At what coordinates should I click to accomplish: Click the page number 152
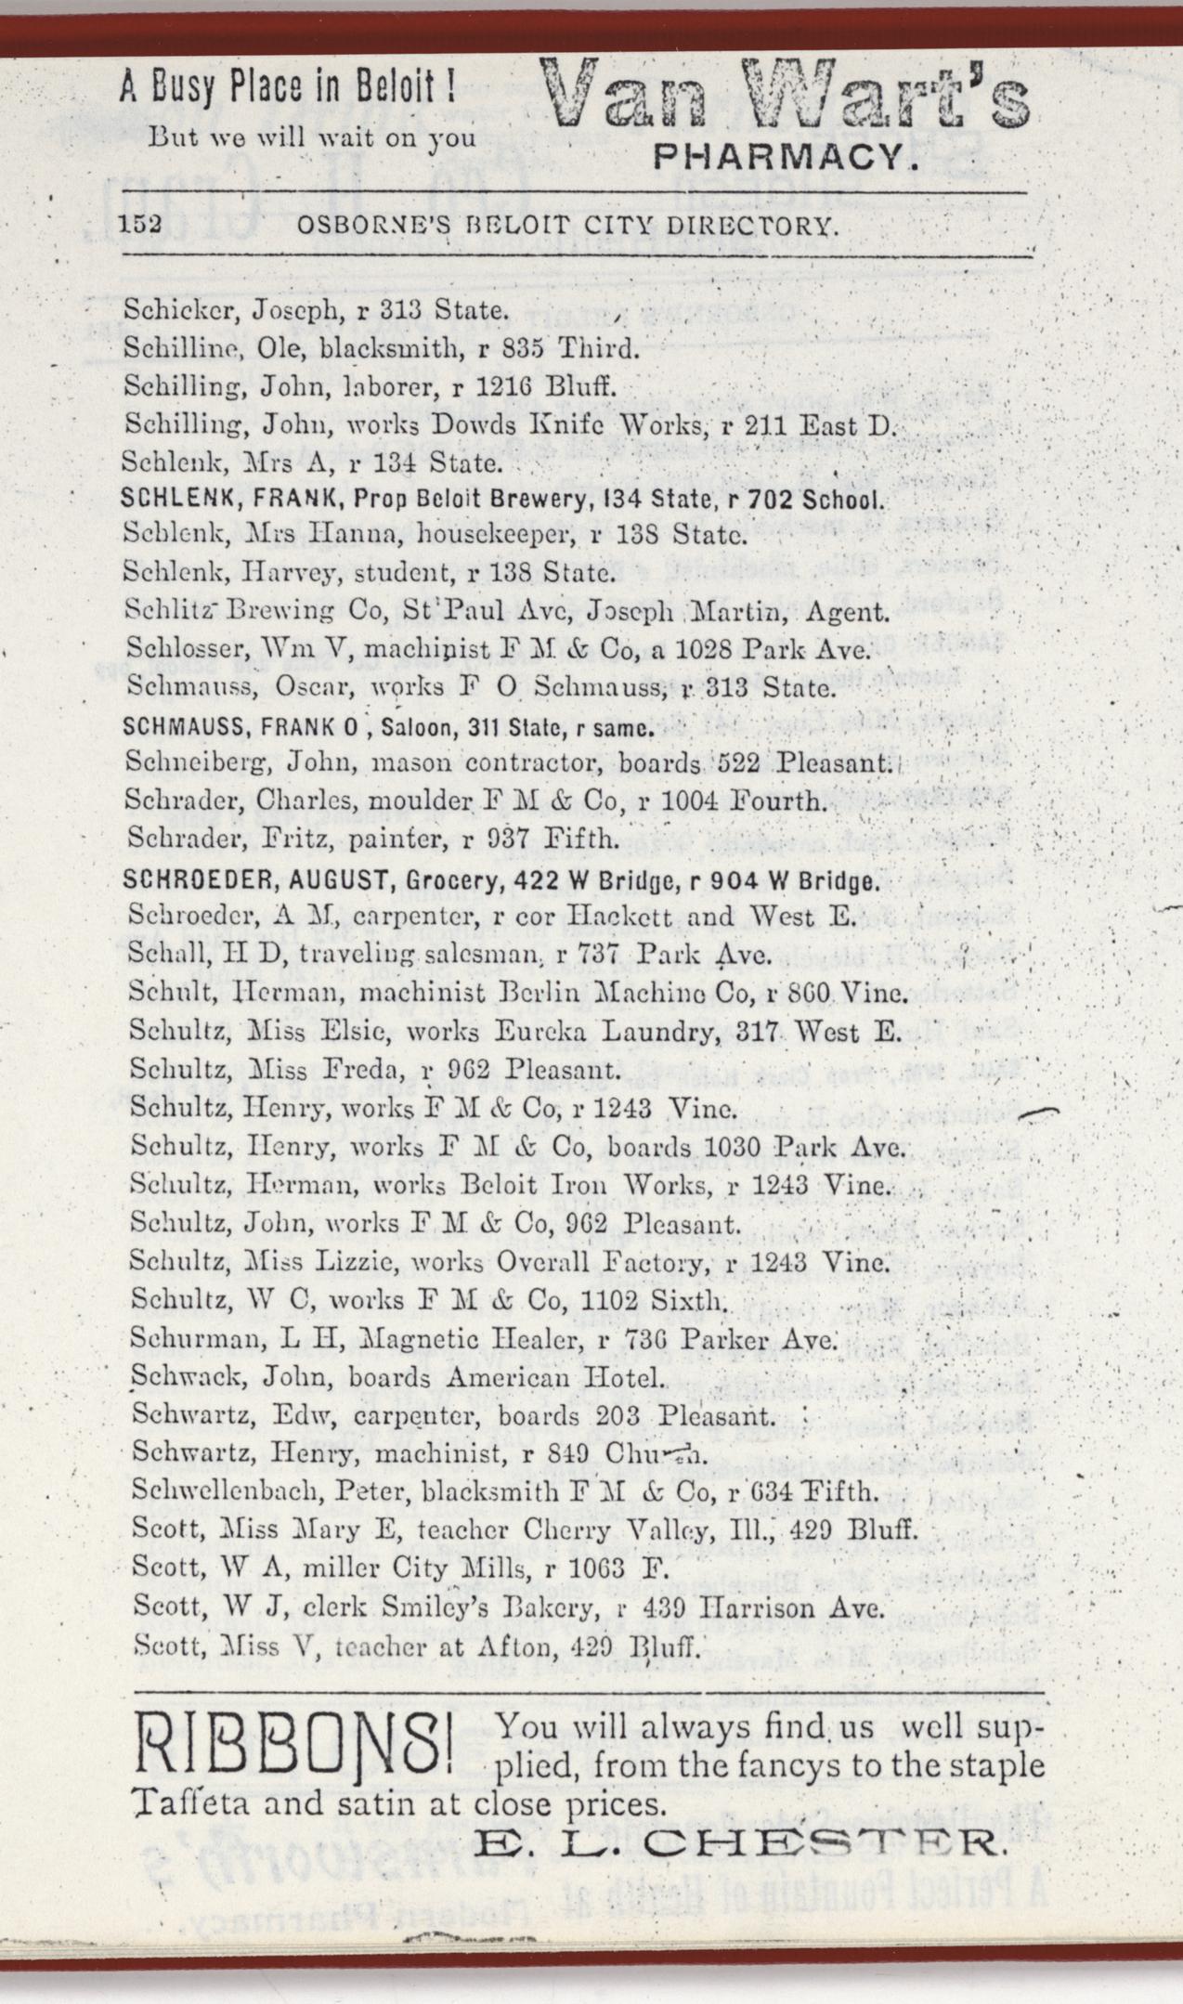141,226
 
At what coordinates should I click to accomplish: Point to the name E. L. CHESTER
739,1841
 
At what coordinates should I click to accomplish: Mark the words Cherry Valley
601,1529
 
